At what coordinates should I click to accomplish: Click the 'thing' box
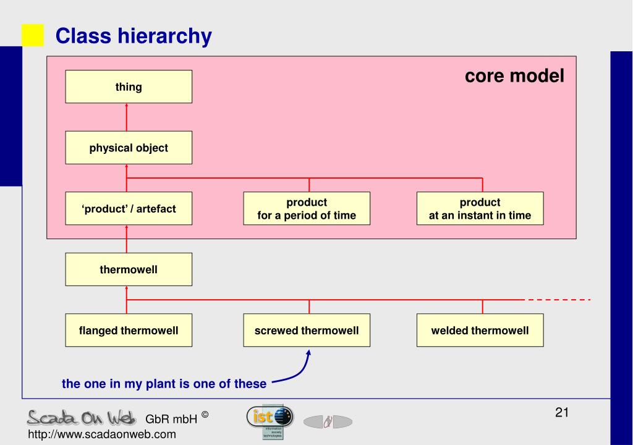[x=129, y=87]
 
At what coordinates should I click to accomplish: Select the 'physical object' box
[x=129, y=148]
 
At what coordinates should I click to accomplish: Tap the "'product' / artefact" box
[x=129, y=209]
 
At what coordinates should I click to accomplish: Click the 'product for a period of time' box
[x=307, y=209]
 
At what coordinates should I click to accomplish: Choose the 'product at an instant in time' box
[x=480, y=209]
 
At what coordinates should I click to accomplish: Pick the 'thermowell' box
[x=129, y=269]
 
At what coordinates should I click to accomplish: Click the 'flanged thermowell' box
[x=129, y=331]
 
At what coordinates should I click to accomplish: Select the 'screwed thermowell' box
[x=307, y=331]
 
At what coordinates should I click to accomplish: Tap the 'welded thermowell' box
[x=480, y=331]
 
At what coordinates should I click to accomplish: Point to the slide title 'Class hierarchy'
[x=134, y=37]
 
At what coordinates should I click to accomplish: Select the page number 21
[x=561, y=412]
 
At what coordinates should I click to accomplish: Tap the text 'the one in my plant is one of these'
[x=164, y=384]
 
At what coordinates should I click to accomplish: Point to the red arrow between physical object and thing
[x=126, y=117]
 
